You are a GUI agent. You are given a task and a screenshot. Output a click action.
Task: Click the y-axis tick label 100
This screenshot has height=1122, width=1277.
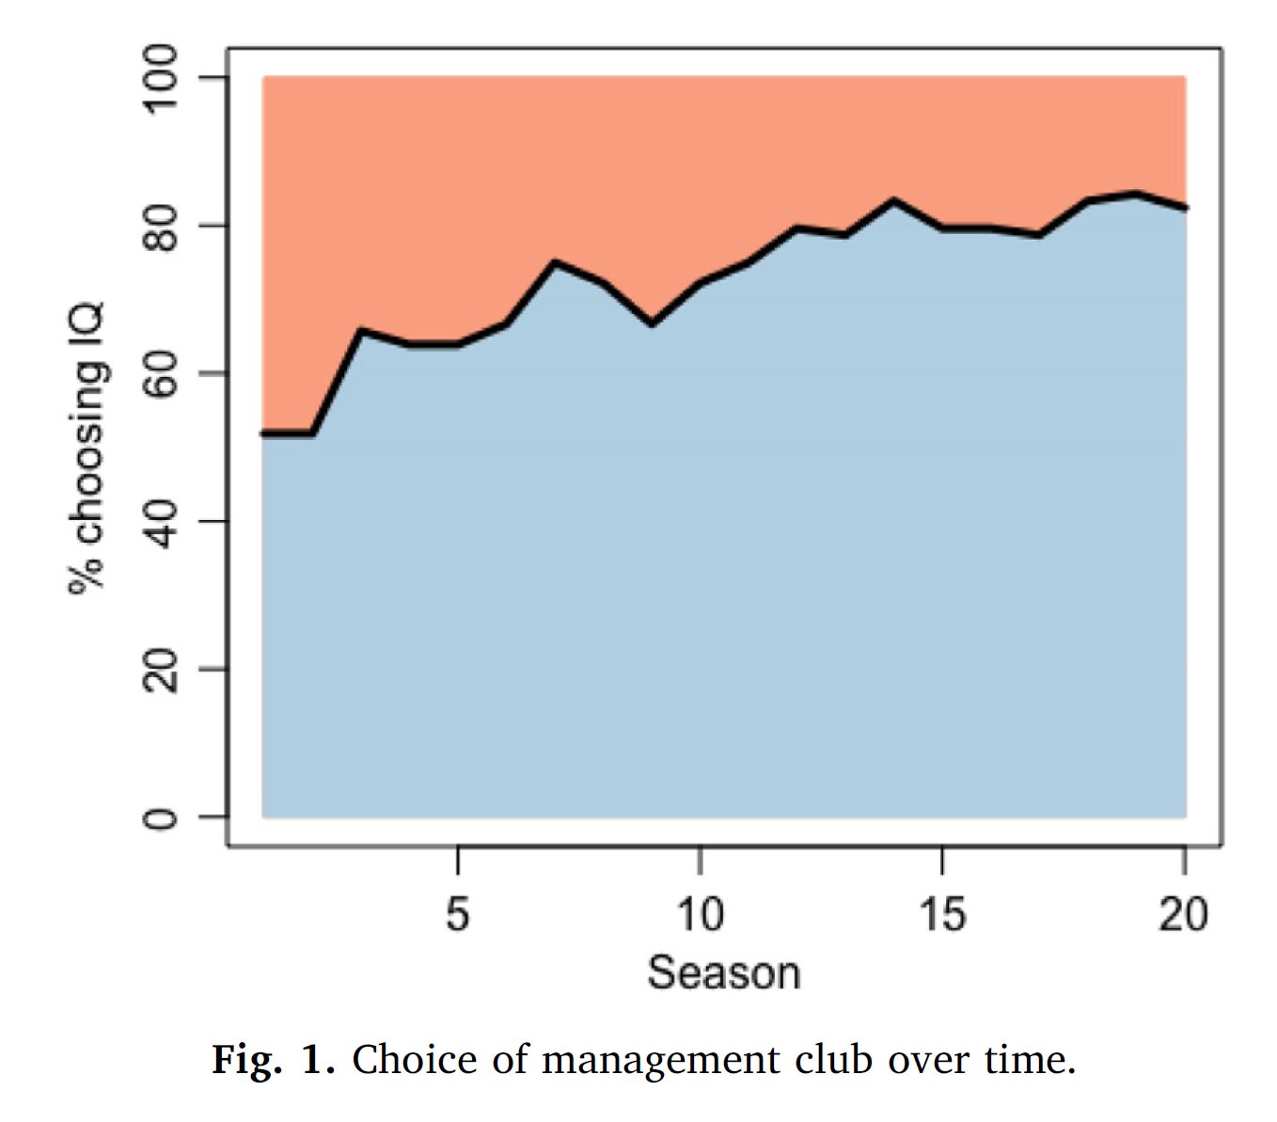coord(160,78)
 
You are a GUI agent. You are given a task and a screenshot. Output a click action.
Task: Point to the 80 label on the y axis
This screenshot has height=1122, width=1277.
coord(160,227)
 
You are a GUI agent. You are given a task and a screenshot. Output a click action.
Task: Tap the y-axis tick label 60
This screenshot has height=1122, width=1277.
coord(160,374)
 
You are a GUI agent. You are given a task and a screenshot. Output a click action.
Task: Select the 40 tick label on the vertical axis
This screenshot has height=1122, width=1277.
coord(160,522)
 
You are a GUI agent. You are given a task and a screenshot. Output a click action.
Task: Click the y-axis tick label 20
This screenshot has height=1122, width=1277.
coord(160,670)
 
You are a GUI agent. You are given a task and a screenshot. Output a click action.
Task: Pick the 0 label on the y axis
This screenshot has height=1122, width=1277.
coord(160,817)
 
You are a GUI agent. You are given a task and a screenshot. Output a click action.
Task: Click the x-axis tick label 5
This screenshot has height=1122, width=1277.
coord(457,913)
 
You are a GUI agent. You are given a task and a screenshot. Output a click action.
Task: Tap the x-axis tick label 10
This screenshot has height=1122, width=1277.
coord(699,913)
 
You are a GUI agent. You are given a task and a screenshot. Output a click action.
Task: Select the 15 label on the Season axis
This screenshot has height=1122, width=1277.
coord(941,913)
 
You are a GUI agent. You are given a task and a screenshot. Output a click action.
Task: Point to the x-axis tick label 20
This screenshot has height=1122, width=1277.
coord(1183,913)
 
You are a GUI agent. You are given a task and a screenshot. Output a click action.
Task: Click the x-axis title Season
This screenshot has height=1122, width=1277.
coord(723,972)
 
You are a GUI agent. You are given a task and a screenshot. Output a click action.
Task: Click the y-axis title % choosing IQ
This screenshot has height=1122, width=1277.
coord(88,448)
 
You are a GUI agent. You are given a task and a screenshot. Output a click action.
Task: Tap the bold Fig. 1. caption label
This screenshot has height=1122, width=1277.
coord(273,1060)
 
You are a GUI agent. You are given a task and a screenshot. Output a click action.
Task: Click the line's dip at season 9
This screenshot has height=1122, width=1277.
coord(651,324)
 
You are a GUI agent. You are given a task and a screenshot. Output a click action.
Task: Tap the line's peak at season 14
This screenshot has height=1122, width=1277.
coord(892,199)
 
